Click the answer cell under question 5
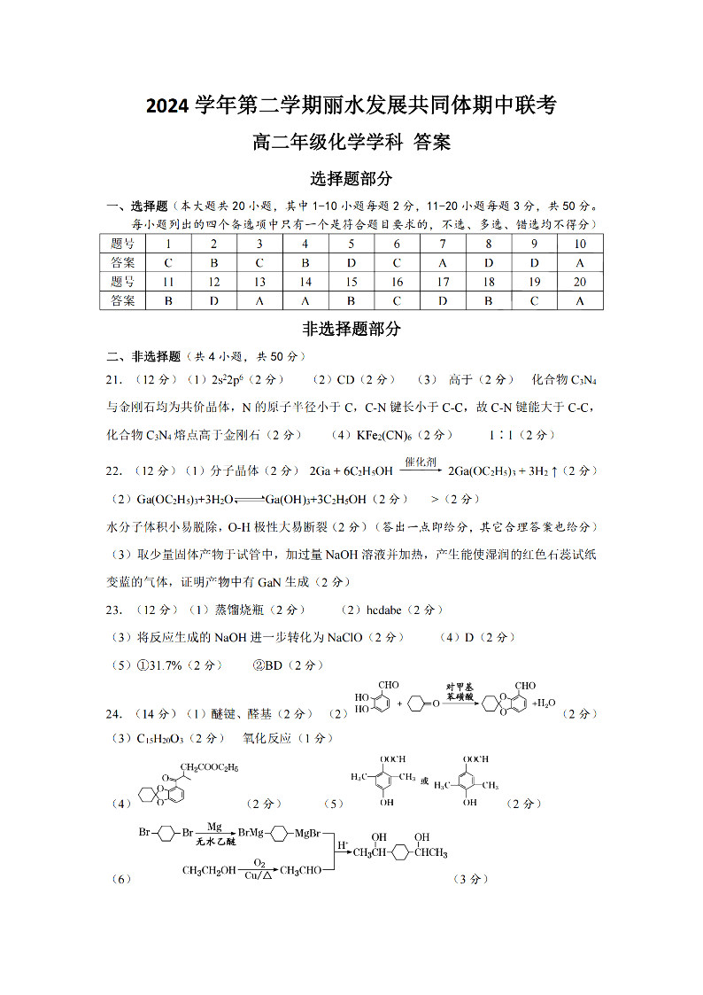click(x=351, y=263)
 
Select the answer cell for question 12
click(x=214, y=300)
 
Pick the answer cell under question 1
click(x=168, y=263)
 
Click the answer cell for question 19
click(x=535, y=300)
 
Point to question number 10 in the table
click(x=580, y=245)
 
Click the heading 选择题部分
click(x=351, y=179)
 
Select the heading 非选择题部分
click(x=351, y=329)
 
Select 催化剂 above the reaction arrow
click(x=420, y=462)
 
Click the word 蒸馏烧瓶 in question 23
click(x=239, y=610)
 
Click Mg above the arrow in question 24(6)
click(x=215, y=826)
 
